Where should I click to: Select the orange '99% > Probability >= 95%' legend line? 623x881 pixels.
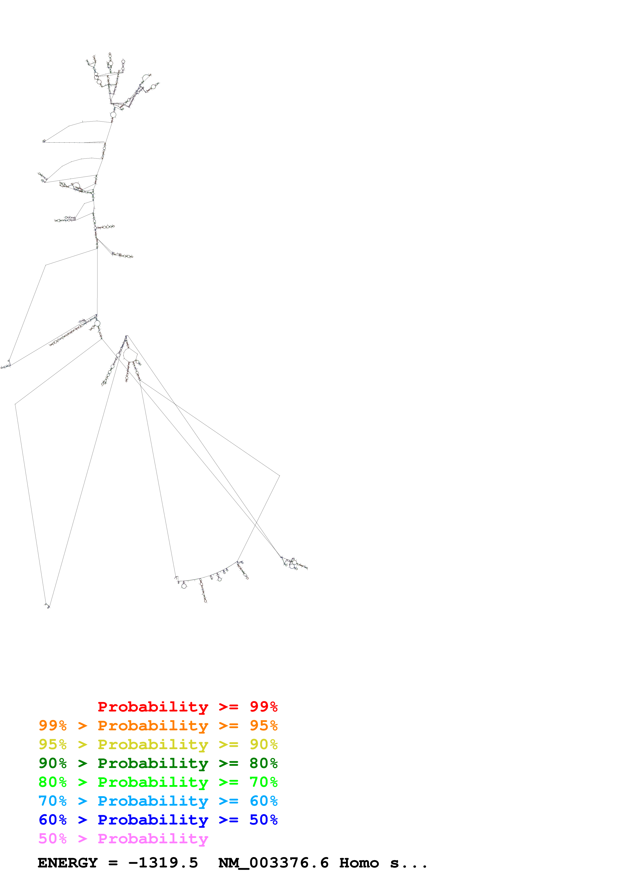tap(158, 726)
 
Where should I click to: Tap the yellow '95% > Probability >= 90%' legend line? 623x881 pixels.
tap(158, 744)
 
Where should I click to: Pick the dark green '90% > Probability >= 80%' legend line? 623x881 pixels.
tap(158, 763)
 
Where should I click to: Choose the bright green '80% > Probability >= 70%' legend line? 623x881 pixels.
tap(158, 782)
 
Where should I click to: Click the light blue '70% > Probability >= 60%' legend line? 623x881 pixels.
tap(158, 801)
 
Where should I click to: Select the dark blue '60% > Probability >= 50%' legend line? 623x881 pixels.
tap(158, 820)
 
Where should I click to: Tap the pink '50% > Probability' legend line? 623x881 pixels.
tap(123, 838)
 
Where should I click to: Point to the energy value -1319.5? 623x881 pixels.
tap(163, 863)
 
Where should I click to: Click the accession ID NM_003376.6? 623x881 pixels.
tap(273, 863)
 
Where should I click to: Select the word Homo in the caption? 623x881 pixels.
tap(359, 863)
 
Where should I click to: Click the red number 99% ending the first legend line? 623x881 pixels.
tap(263, 707)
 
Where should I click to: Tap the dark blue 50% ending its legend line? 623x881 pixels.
tap(263, 820)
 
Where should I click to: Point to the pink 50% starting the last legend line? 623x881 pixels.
tap(53, 838)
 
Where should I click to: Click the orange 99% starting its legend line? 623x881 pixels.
tap(53, 726)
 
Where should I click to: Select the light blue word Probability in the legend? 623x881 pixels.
tap(153, 801)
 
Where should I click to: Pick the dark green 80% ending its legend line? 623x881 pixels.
tap(263, 763)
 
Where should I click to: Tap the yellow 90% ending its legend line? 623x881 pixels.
tap(263, 744)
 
